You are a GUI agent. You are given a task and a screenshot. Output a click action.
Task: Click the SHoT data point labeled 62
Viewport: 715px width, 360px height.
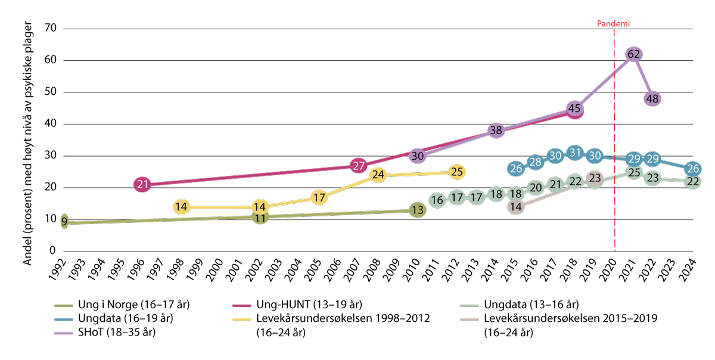(x=634, y=54)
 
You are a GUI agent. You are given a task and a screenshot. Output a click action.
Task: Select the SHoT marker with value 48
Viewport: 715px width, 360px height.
(x=652, y=99)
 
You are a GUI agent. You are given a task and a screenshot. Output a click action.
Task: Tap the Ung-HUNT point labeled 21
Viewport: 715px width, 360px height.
(x=142, y=185)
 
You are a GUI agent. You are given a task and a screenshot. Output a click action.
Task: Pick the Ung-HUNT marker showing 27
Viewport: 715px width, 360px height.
(x=358, y=166)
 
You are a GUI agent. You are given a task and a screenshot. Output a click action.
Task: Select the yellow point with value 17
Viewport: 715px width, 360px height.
(x=319, y=197)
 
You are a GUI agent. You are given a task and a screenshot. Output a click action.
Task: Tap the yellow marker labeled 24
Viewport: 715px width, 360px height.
(x=378, y=175)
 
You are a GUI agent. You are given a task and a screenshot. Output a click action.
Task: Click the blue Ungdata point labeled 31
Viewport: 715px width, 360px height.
(x=574, y=153)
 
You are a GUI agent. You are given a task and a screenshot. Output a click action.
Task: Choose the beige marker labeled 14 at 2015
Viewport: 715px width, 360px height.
(x=516, y=207)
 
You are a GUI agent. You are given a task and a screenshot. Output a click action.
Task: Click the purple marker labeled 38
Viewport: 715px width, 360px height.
(x=496, y=131)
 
